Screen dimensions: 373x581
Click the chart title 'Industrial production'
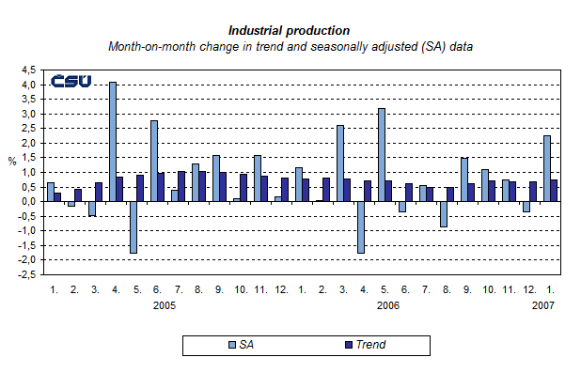click(x=290, y=30)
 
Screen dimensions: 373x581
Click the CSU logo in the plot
click(x=71, y=82)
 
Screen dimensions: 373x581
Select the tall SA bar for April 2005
click(x=113, y=141)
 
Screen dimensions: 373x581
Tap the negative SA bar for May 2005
click(x=134, y=226)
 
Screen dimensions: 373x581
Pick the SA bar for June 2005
click(x=154, y=161)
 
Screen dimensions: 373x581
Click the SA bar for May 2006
click(x=382, y=154)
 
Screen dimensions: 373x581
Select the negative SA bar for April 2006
click(x=360, y=226)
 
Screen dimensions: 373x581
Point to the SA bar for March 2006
click(x=339, y=163)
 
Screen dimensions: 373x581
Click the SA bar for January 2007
click(x=546, y=168)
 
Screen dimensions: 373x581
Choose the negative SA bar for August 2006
click(x=443, y=213)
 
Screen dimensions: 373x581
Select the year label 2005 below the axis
click(x=165, y=305)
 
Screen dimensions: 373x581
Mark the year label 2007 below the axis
click(x=542, y=305)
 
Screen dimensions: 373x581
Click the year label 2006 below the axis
click(x=389, y=305)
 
